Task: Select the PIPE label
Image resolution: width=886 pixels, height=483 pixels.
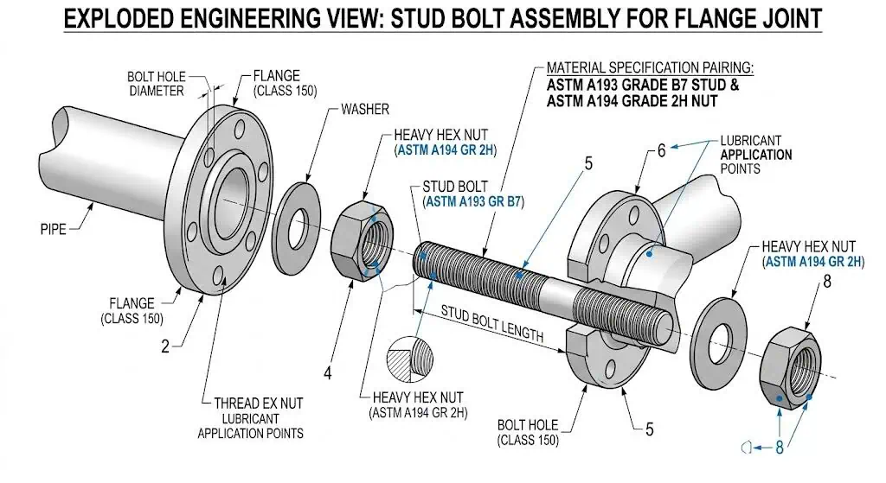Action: click(x=54, y=230)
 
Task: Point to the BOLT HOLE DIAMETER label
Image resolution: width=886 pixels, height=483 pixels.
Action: click(x=156, y=84)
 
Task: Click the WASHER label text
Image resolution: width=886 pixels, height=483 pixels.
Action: click(x=364, y=110)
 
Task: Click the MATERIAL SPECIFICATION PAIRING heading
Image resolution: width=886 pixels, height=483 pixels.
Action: click(x=649, y=67)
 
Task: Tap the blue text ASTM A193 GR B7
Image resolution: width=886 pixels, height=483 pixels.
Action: click(x=473, y=201)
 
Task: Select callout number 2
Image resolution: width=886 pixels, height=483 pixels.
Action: click(x=164, y=346)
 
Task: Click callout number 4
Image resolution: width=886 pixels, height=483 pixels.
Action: click(x=328, y=373)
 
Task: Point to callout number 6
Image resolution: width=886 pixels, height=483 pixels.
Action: click(x=661, y=150)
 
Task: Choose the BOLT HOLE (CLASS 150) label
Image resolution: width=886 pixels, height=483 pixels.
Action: click(x=528, y=432)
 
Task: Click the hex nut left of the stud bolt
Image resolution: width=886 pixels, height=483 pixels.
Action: click(x=361, y=238)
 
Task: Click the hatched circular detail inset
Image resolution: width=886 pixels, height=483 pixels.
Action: click(x=412, y=356)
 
